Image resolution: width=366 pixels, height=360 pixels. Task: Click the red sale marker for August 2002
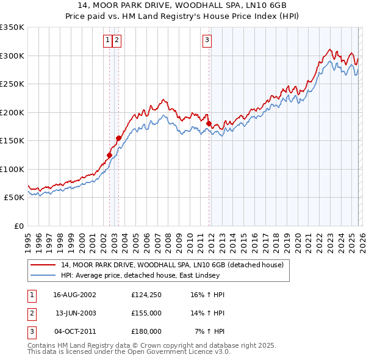[x=110, y=155]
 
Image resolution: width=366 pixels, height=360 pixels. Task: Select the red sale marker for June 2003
[x=118, y=138]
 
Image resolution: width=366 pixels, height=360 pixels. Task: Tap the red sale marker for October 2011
[x=209, y=124]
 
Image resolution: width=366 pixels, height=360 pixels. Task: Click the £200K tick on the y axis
[x=12, y=112]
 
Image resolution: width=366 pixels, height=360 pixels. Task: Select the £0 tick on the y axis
[x=18, y=226]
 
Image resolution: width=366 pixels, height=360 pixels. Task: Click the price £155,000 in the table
[x=146, y=313]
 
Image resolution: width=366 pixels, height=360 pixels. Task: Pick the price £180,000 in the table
[x=146, y=331]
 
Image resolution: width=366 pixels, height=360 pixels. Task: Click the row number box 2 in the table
[x=30, y=313]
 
